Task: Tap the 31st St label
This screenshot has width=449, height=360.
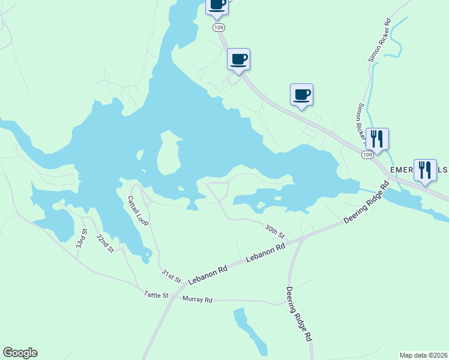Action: pos(171,276)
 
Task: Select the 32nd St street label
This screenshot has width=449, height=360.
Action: pos(105,243)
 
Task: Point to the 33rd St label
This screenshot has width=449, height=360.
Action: pos(82,239)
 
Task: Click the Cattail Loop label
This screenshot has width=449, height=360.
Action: pos(138,211)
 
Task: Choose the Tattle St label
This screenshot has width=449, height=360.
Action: pos(156,295)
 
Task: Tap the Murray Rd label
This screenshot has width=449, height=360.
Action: pos(197,299)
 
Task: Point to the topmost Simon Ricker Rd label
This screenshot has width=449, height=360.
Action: pos(380,40)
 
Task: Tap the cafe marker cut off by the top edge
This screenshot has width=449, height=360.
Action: pos(217,5)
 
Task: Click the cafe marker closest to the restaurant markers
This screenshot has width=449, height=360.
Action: pos(301,94)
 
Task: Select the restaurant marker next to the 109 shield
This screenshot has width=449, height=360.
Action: pos(377,139)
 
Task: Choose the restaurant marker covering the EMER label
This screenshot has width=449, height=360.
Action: pos(425,170)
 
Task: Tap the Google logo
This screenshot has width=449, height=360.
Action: pos(20,353)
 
